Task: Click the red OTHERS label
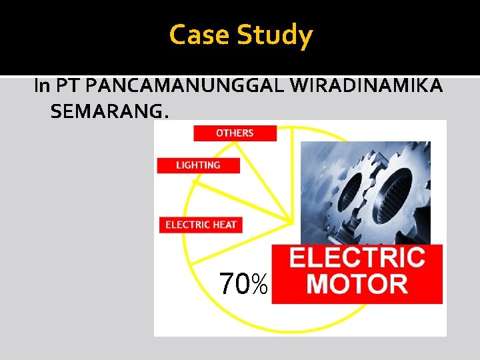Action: tap(235, 133)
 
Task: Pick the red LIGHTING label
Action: tap(198, 165)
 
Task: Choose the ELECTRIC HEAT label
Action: tap(201, 225)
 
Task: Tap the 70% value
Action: tap(244, 284)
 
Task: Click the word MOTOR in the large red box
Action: tap(358, 283)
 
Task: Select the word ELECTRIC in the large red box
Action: tap(357, 257)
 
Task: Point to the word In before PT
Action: tap(41, 86)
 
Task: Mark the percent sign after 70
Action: tap(260, 285)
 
